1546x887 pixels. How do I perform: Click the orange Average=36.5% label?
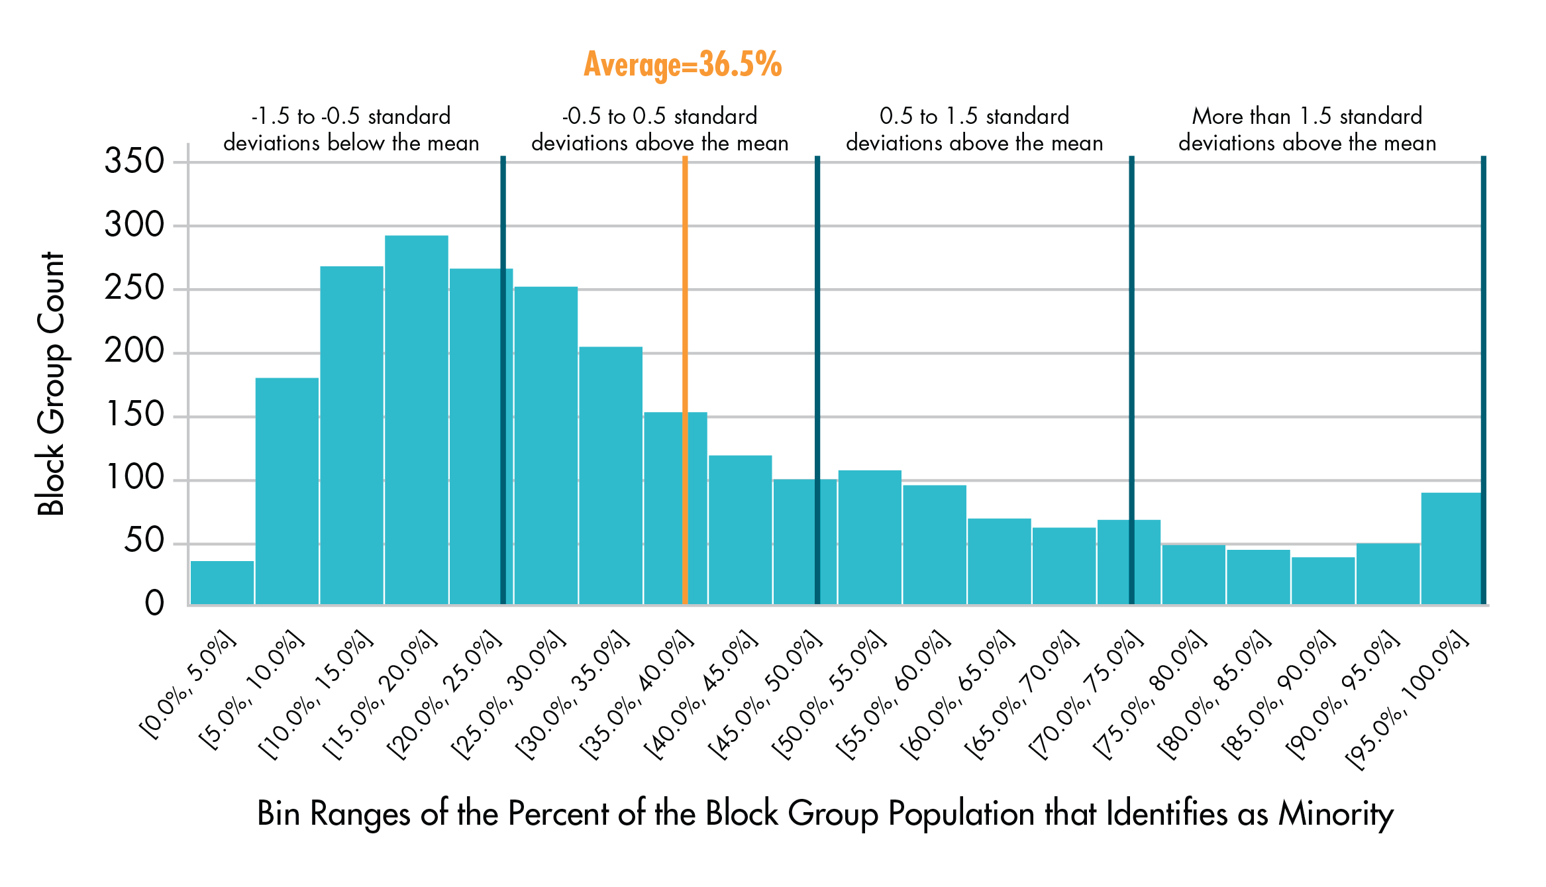682,64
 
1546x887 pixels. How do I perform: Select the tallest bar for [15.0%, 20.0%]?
416,420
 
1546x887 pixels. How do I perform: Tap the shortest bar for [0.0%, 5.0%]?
222,583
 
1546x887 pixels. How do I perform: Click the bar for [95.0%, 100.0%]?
1451,548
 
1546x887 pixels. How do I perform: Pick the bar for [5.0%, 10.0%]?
287,491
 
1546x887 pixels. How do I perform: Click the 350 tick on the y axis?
134,161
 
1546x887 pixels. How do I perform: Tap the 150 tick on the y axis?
134,415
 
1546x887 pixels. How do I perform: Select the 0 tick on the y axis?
154,603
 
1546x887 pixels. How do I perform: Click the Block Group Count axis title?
51,384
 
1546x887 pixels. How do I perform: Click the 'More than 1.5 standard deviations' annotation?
1307,129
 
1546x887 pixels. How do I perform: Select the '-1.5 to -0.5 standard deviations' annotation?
351,129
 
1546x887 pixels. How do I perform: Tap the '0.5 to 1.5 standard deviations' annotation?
974,129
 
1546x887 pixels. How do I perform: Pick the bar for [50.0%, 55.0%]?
870,537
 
